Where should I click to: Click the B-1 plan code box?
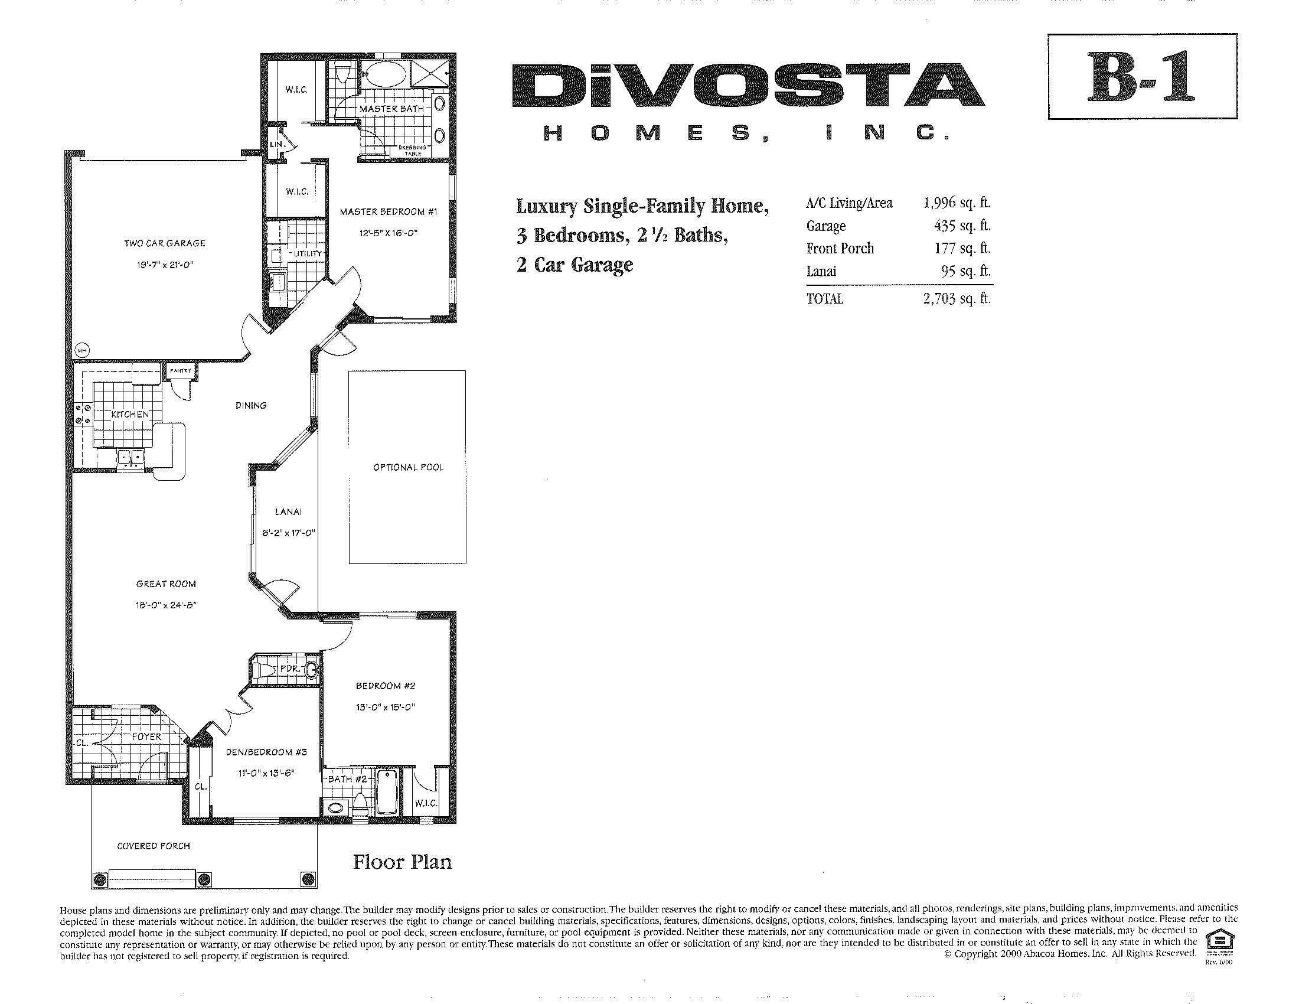click(x=1142, y=77)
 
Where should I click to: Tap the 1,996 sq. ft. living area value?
click(x=957, y=203)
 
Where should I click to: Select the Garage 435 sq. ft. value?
click(x=962, y=226)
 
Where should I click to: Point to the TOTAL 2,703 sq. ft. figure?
click(x=957, y=299)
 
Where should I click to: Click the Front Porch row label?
click(x=840, y=249)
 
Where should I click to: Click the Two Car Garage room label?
click(x=165, y=243)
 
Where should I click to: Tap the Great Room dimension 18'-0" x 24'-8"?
click(x=166, y=605)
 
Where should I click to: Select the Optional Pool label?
click(x=408, y=468)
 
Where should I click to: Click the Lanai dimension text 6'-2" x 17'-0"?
click(x=289, y=533)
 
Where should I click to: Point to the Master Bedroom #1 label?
click(x=389, y=212)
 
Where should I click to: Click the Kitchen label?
click(x=130, y=414)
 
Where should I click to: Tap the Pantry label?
click(x=181, y=370)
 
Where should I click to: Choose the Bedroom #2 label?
click(x=386, y=686)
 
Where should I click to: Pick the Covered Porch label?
click(x=154, y=846)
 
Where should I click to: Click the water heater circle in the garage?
click(x=82, y=350)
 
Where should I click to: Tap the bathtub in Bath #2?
click(x=387, y=793)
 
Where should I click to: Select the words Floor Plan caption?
click(x=403, y=862)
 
